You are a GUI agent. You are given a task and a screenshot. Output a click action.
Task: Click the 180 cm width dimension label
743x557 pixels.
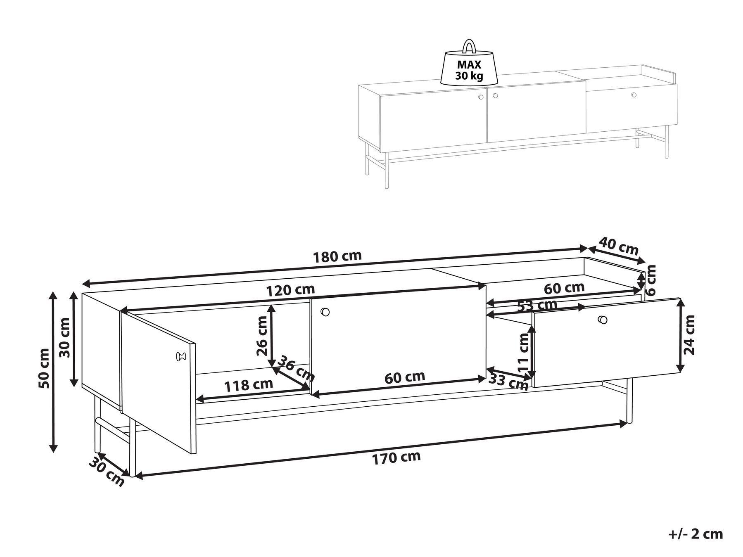337,256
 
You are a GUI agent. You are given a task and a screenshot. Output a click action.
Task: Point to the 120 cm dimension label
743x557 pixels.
290,290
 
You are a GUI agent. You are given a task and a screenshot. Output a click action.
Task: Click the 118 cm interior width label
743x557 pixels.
248,385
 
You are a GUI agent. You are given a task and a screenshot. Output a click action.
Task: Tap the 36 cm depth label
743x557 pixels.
295,369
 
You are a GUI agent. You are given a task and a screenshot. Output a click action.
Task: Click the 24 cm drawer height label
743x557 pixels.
689,335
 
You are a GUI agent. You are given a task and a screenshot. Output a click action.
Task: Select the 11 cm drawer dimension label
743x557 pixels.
523,352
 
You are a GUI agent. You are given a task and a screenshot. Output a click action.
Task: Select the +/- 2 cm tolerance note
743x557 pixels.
696,534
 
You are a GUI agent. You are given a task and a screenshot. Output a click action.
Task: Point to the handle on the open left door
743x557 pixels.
180,356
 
